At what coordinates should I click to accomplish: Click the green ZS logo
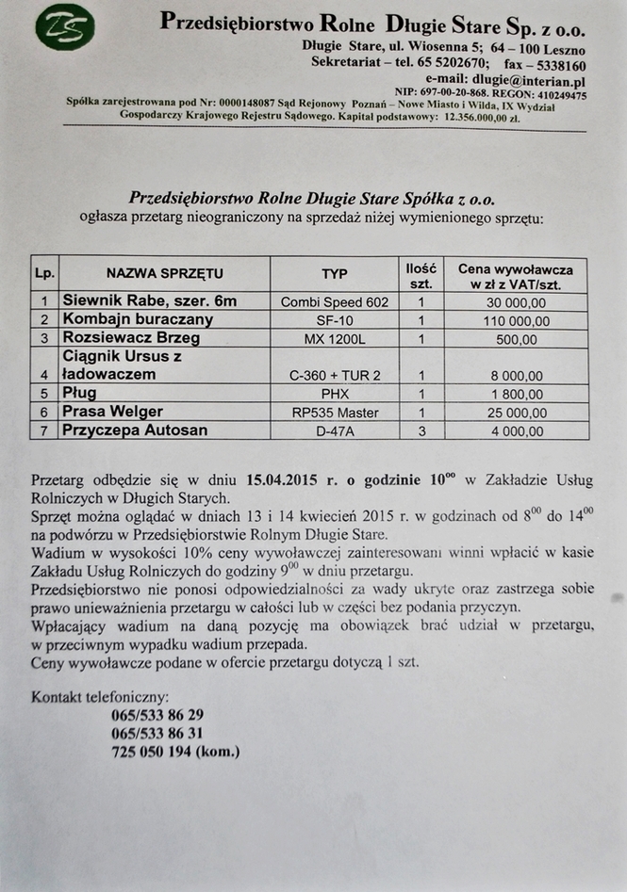point(65,29)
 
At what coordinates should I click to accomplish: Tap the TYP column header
point(334,274)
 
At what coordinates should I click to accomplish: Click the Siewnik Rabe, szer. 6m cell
point(150,301)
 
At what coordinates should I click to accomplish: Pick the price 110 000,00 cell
point(516,320)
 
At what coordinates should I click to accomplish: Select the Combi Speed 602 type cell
point(334,302)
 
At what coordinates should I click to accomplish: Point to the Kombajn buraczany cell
point(138,319)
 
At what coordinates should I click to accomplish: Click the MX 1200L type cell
point(334,338)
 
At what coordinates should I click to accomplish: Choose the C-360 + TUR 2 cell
point(334,375)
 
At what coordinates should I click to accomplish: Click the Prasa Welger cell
point(113,412)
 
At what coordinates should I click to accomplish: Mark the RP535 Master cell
point(334,413)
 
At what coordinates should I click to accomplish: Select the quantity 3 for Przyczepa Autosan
point(421,430)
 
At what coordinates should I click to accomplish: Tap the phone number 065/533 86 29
point(157,715)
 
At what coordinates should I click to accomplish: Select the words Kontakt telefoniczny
point(100,697)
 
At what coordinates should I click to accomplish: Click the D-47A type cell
point(334,430)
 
